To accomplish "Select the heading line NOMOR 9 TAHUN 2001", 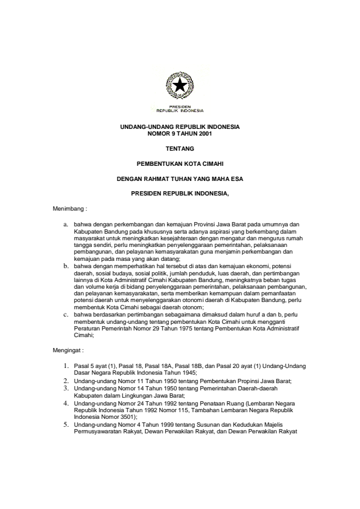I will tap(180, 133).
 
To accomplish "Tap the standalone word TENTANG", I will tap(180, 148).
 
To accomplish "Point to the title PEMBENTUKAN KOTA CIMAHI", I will tap(180, 163).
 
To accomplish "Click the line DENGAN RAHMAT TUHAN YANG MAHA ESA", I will tap(180, 179).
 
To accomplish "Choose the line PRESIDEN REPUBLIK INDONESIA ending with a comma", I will tap(180, 194).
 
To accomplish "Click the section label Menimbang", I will tap(71, 209).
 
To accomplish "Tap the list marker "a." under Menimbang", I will tap(66, 224).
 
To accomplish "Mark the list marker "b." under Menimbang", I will tap(66, 265).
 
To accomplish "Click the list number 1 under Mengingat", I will tap(66, 367).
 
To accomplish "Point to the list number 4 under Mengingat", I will tap(66, 402).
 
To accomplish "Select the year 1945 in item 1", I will tap(174, 373).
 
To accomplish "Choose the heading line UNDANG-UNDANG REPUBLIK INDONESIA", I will tap(180, 127).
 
